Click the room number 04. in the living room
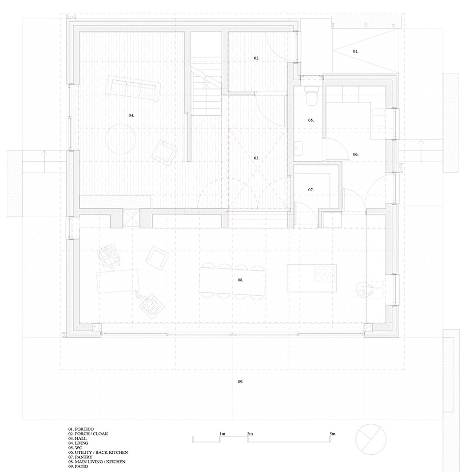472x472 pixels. pyautogui.click(x=131, y=115)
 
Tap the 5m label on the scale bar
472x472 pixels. pyautogui.click(x=333, y=434)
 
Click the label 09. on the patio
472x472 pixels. pyautogui.click(x=240, y=382)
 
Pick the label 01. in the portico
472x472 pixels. pyautogui.click(x=356, y=51)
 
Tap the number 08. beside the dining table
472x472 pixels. pyautogui.click(x=240, y=280)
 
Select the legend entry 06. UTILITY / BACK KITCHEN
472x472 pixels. pyautogui.click(x=98, y=452)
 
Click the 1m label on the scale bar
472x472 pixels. pyautogui.click(x=222, y=434)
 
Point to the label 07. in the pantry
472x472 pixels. pyautogui.click(x=311, y=189)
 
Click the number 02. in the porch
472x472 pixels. pyautogui.click(x=257, y=58)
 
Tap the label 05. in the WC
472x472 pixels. pyautogui.click(x=311, y=120)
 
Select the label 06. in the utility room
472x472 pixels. pyautogui.click(x=355, y=154)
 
